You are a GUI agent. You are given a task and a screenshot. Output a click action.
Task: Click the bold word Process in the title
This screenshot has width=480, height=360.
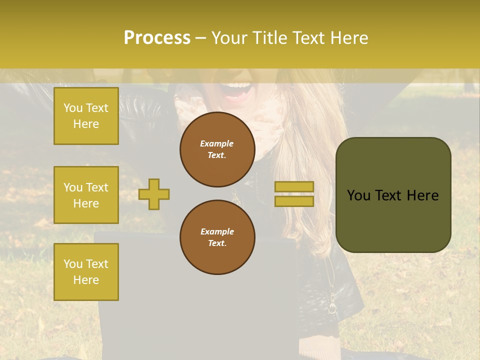157,38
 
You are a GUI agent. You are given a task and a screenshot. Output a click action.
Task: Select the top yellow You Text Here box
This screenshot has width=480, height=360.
86,116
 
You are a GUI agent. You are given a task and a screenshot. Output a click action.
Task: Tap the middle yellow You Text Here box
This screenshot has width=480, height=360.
86,195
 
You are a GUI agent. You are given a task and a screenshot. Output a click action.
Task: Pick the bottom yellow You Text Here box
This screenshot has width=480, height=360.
86,272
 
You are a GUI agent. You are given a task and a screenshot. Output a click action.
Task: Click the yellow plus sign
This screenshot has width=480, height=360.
154,194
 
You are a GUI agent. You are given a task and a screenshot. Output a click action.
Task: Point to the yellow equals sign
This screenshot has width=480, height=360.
294,194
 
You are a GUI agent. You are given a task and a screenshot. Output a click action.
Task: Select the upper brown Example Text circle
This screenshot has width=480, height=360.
217,149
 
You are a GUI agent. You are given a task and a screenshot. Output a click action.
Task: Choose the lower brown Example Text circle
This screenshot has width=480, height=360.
217,237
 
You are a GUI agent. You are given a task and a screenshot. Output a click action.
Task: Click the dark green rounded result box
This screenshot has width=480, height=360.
393,195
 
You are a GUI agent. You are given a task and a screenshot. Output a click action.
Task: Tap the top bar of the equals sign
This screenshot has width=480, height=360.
294,187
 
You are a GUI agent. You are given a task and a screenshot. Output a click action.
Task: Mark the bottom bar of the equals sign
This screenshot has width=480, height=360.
294,201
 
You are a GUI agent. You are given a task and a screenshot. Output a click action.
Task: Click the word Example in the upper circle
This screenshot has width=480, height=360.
217,143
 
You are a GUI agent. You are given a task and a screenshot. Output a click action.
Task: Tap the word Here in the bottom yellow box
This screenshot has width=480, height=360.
86,280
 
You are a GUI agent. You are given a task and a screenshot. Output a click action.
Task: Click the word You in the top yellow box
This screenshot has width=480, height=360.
73,108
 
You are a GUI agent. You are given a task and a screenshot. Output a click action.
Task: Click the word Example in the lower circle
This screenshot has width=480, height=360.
217,231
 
